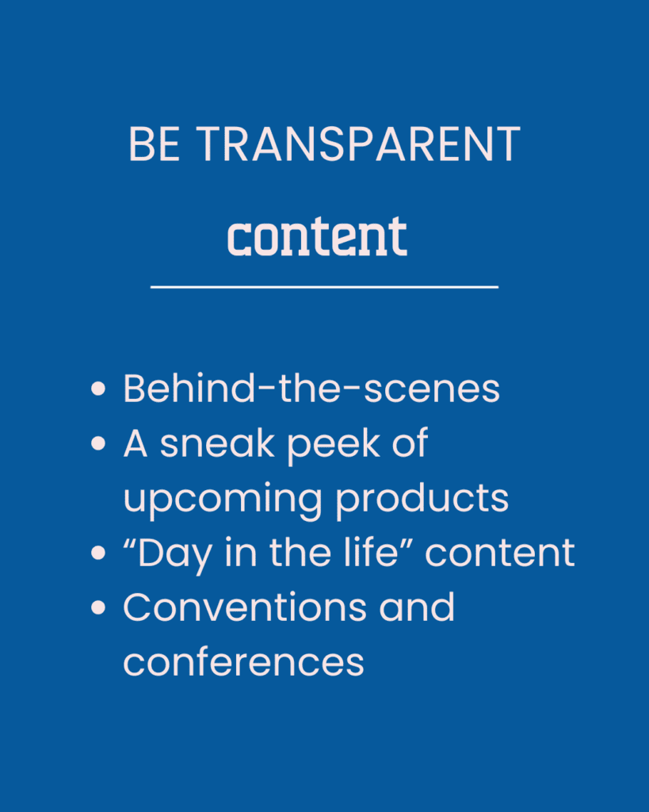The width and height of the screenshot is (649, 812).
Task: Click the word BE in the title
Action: [155, 144]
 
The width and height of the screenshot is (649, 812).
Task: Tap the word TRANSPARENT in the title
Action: [358, 144]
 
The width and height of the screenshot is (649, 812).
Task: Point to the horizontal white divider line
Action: [325, 286]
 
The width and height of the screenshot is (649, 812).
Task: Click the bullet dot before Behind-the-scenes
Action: [97, 389]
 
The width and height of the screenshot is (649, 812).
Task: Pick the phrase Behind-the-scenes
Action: [311, 388]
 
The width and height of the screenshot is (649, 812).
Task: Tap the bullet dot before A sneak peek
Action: [97, 443]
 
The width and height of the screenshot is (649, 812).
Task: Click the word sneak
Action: [217, 444]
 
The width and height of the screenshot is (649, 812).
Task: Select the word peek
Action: [334, 446]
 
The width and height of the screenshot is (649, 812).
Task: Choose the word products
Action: [422, 498]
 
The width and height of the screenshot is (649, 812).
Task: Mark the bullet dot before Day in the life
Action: [97, 553]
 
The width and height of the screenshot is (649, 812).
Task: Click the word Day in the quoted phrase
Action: [175, 555]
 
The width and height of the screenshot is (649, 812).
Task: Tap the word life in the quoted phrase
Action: [371, 552]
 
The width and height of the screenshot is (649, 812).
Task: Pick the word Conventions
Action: [245, 607]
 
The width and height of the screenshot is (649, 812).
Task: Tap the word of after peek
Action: [410, 443]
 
